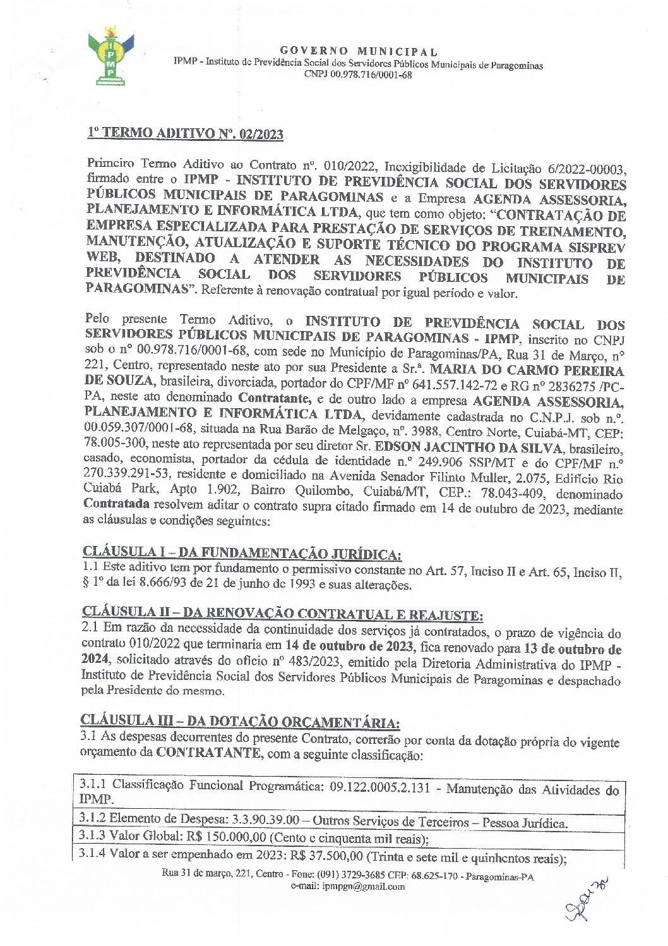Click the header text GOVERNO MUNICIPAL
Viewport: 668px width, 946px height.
click(x=358, y=51)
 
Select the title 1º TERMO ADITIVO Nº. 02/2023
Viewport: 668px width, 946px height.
click(x=185, y=134)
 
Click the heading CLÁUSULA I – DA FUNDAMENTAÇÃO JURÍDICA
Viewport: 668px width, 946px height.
click(x=242, y=554)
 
